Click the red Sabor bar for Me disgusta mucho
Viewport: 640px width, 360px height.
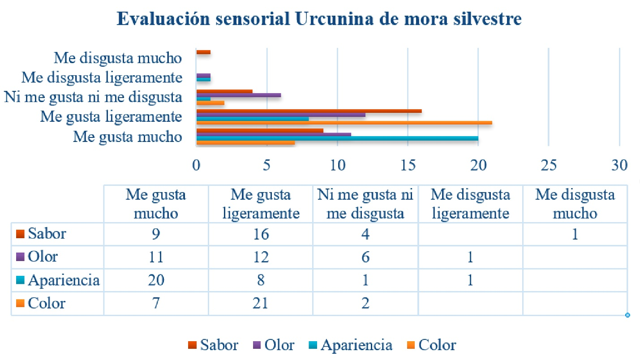point(203,52)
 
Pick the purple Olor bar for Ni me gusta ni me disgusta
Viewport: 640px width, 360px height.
point(239,95)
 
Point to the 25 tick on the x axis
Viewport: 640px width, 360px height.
point(549,165)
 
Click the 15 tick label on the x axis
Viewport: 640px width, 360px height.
point(408,165)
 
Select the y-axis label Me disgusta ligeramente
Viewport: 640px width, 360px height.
point(102,77)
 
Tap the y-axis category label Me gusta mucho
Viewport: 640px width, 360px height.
point(128,136)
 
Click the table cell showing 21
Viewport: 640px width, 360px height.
point(261,304)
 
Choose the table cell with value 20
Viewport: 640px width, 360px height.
point(156,280)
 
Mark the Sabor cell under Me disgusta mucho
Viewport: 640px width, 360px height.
point(575,234)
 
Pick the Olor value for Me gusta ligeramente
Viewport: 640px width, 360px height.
point(261,257)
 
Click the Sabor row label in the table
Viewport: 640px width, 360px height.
point(47,234)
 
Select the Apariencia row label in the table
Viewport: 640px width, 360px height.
point(63,280)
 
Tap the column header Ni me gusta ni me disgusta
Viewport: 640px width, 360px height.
point(365,204)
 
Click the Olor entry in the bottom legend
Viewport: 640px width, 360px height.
point(279,345)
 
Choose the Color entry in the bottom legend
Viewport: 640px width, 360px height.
point(437,345)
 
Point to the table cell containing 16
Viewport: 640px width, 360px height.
point(261,234)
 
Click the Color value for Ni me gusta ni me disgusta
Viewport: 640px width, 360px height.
point(365,304)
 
